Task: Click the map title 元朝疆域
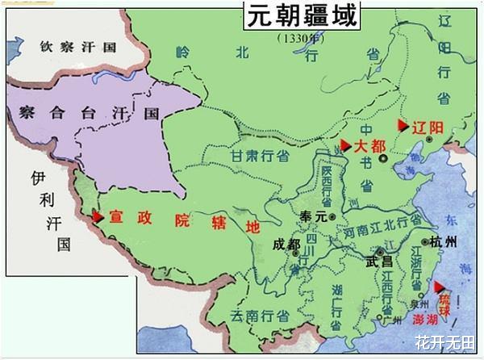click(302, 17)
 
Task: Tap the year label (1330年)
click(300, 38)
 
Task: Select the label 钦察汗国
click(79, 46)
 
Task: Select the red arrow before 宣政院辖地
click(98, 216)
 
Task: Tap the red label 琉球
click(445, 300)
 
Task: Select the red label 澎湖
click(428, 320)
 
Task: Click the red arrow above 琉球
click(440, 287)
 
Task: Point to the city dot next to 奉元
click(332, 217)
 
